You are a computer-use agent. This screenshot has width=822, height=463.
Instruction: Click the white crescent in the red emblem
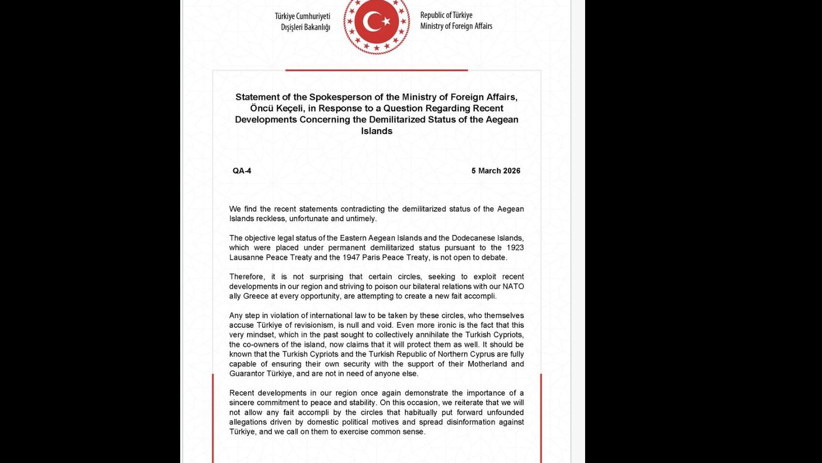[373, 21]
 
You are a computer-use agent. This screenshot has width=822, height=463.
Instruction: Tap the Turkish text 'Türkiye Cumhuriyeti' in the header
[302, 16]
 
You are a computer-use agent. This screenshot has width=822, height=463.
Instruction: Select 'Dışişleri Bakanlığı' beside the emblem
[305, 27]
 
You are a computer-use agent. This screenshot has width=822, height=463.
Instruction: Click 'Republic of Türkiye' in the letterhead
[446, 15]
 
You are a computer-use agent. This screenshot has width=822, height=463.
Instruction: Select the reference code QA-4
[242, 171]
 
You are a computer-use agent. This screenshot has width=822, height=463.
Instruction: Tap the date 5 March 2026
[496, 171]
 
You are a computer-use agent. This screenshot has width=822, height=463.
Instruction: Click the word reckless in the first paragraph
[270, 219]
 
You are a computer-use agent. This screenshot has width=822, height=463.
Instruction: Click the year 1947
[351, 257]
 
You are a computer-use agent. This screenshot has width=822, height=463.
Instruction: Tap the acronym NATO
[513, 286]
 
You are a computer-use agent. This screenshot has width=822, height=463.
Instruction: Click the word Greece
[256, 296]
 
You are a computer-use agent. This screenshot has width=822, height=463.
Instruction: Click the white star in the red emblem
[386, 21]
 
